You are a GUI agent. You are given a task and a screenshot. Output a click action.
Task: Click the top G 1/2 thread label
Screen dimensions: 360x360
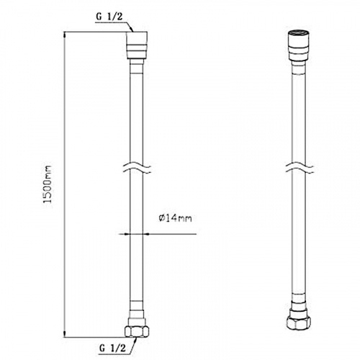tap(109, 17)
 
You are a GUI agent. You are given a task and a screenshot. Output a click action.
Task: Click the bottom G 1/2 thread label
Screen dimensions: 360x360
tap(112, 348)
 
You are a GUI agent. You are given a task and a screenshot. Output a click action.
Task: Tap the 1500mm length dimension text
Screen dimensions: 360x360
tap(48, 184)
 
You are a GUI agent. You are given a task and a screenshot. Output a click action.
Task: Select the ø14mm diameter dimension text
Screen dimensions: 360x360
tap(175, 218)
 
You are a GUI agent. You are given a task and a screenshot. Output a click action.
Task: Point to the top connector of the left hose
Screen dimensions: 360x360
tap(137, 45)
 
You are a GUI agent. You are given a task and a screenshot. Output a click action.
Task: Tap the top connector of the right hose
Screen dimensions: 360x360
tap(298, 45)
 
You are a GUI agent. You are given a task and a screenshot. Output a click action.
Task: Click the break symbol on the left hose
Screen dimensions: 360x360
tap(137, 167)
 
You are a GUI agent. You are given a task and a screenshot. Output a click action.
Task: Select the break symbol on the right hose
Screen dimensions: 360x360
tap(300, 167)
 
